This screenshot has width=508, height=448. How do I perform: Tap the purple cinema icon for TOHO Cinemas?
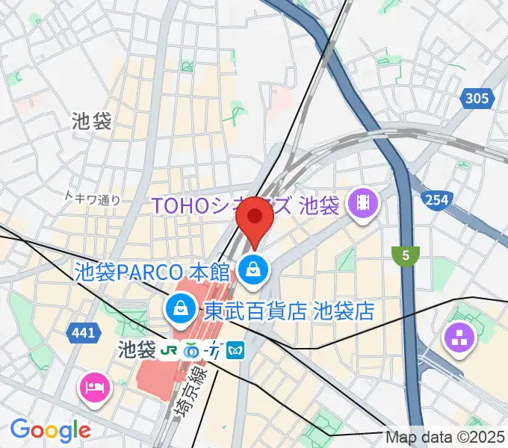tap(363, 203)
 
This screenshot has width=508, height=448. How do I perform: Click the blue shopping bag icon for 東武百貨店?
tap(181, 307)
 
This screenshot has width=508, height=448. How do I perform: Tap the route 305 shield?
tap(476, 98)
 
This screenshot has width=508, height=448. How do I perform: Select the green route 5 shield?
tap(406, 256)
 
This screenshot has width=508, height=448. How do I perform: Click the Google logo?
tap(50, 430)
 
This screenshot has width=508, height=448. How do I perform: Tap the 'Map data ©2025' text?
tap(445, 438)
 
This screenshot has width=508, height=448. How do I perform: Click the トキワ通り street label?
tap(93, 199)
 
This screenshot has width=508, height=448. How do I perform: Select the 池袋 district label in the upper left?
tap(93, 121)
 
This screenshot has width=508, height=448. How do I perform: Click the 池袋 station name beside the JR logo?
tap(135, 349)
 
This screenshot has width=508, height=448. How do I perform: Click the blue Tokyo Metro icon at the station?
tap(238, 349)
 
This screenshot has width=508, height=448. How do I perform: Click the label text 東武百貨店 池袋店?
tap(289, 309)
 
